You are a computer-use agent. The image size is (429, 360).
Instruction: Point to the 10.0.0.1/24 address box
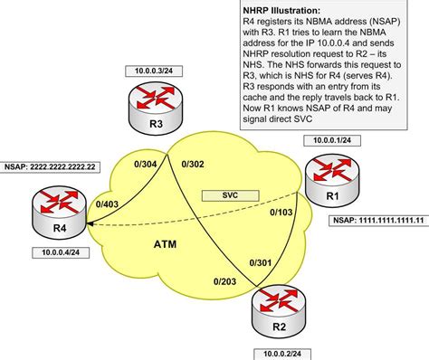[331, 140]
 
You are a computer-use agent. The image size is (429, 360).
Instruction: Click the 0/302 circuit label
[194, 165]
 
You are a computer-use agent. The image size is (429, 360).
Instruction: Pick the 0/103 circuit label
[281, 213]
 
